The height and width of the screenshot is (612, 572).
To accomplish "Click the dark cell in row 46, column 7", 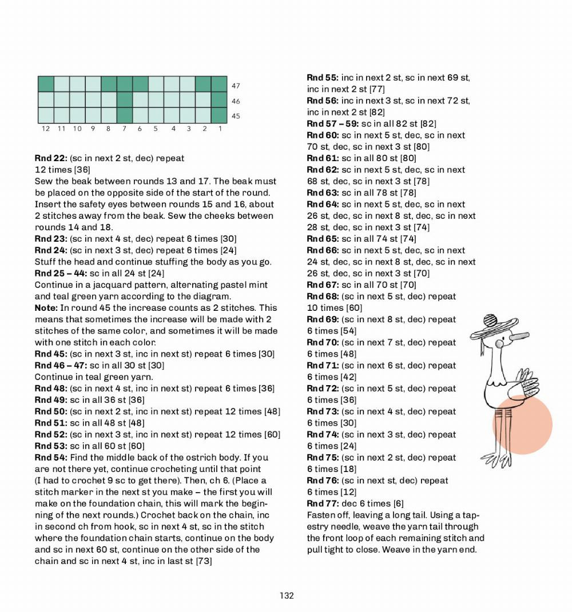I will pyautogui.click(x=124, y=100).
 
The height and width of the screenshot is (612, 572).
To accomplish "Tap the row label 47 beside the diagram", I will pyautogui.click(x=236, y=86).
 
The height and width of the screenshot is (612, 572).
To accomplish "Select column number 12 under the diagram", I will pyautogui.click(x=46, y=129).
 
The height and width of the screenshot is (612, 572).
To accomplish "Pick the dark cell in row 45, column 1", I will pyautogui.click(x=219, y=115).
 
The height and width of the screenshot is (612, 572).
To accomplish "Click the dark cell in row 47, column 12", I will pyautogui.click(x=46, y=85).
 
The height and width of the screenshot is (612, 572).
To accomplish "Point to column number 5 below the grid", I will pyautogui.click(x=155, y=129).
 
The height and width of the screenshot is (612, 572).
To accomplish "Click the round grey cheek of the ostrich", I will pyautogui.click(x=500, y=344).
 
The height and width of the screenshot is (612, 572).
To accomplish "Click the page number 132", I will pyautogui.click(x=287, y=595).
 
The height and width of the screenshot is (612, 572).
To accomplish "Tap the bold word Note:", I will pyautogui.click(x=46, y=307).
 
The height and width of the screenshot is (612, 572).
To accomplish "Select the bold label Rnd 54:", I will pyautogui.click(x=51, y=457).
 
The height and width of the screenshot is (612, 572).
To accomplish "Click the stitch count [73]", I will pyautogui.click(x=204, y=561).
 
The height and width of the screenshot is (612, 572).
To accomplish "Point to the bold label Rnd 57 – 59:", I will pyautogui.click(x=332, y=123).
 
